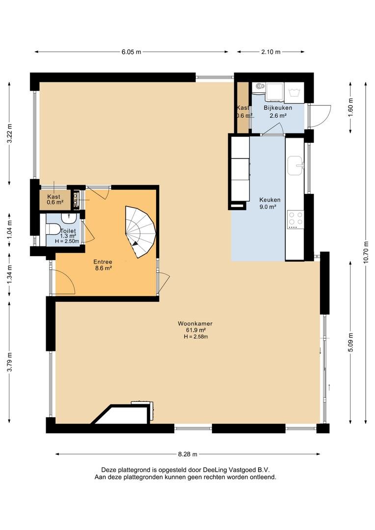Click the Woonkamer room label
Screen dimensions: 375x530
[x=195, y=323]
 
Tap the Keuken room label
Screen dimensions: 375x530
[x=269, y=200]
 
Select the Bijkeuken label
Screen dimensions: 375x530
[x=278, y=108]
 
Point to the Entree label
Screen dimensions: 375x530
[x=103, y=262]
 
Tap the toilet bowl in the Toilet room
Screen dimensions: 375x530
[x=53, y=229]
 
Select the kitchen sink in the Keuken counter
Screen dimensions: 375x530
[x=295, y=166]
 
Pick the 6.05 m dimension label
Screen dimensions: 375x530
[x=131, y=52]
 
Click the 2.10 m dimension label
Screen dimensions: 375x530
[x=271, y=52]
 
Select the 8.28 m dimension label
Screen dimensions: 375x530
[x=187, y=454]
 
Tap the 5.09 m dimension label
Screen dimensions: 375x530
[x=350, y=343]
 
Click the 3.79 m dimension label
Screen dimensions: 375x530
[x=9, y=362]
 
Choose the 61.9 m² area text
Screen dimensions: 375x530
[x=195, y=330]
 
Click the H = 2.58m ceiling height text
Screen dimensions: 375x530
[x=195, y=337]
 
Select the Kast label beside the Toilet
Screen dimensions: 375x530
[x=54, y=196]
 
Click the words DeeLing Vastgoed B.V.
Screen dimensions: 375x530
[x=236, y=470]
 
